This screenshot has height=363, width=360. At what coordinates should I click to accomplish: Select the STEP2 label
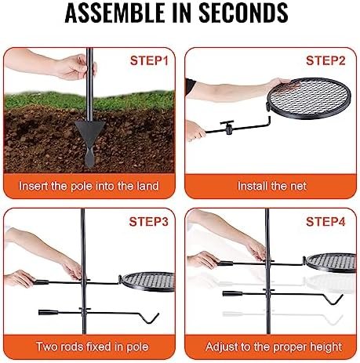point(325,60)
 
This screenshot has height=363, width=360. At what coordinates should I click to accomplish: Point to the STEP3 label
point(150,222)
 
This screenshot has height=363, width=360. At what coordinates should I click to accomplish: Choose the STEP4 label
point(325,222)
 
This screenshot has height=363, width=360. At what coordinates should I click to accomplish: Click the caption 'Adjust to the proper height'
point(271,346)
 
